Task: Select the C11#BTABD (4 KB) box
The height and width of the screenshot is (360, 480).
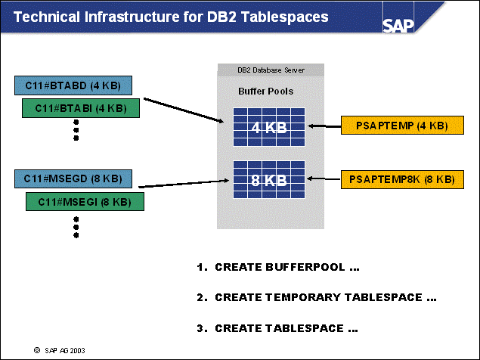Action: point(73,85)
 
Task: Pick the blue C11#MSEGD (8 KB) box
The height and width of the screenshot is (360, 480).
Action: point(73,179)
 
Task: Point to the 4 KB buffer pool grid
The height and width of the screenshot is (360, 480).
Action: point(269,127)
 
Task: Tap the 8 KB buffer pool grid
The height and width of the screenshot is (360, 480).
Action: point(269,180)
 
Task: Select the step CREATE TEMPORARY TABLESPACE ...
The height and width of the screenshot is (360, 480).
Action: point(317,297)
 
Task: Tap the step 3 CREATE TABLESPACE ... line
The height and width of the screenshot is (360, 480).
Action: point(277,328)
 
